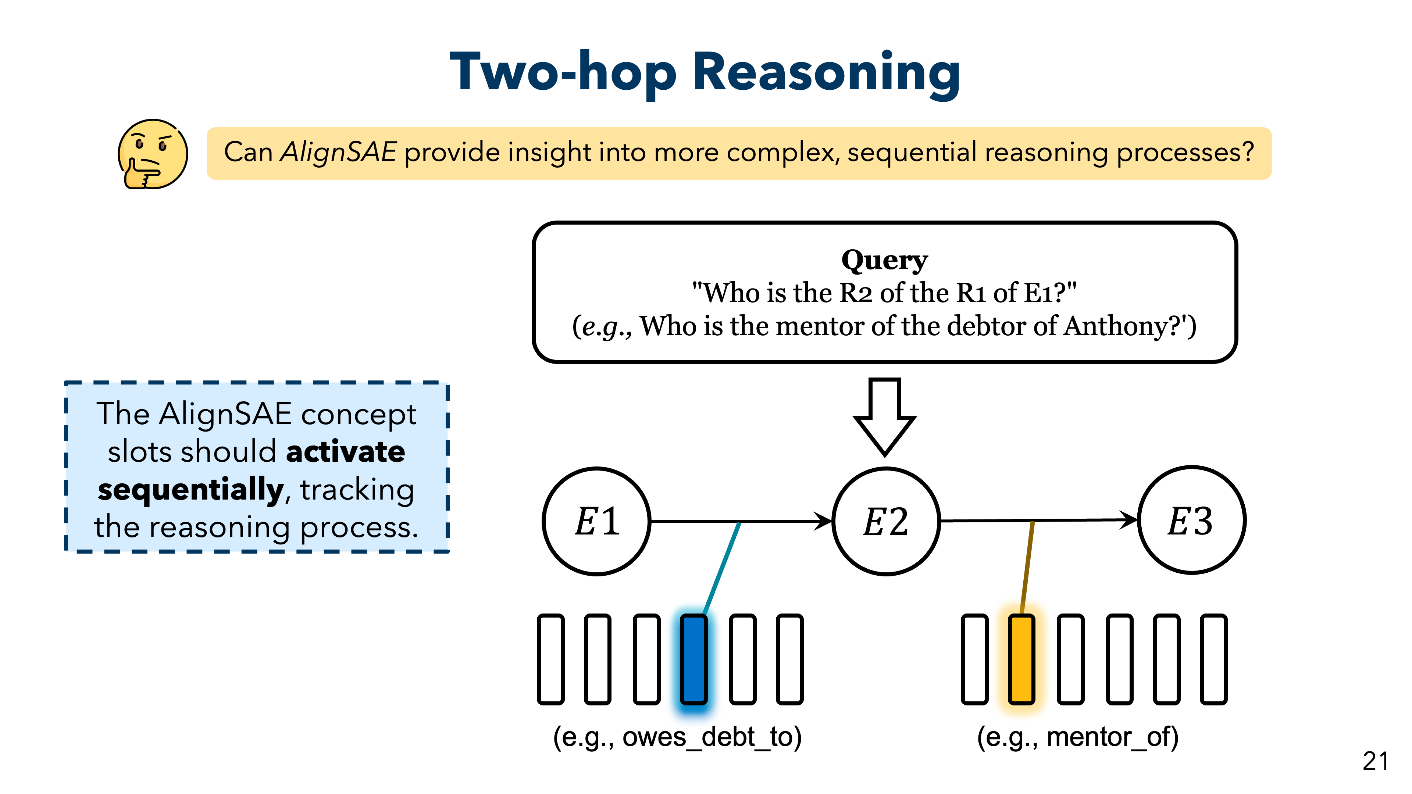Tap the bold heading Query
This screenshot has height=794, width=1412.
(884, 260)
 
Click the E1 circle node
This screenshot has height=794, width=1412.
(596, 521)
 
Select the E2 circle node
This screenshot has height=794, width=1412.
(886, 521)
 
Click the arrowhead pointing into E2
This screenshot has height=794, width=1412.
(823, 521)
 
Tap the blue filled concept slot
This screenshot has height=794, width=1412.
(693, 659)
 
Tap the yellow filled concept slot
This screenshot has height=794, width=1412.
(1021, 659)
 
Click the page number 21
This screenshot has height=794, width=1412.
(1375, 761)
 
